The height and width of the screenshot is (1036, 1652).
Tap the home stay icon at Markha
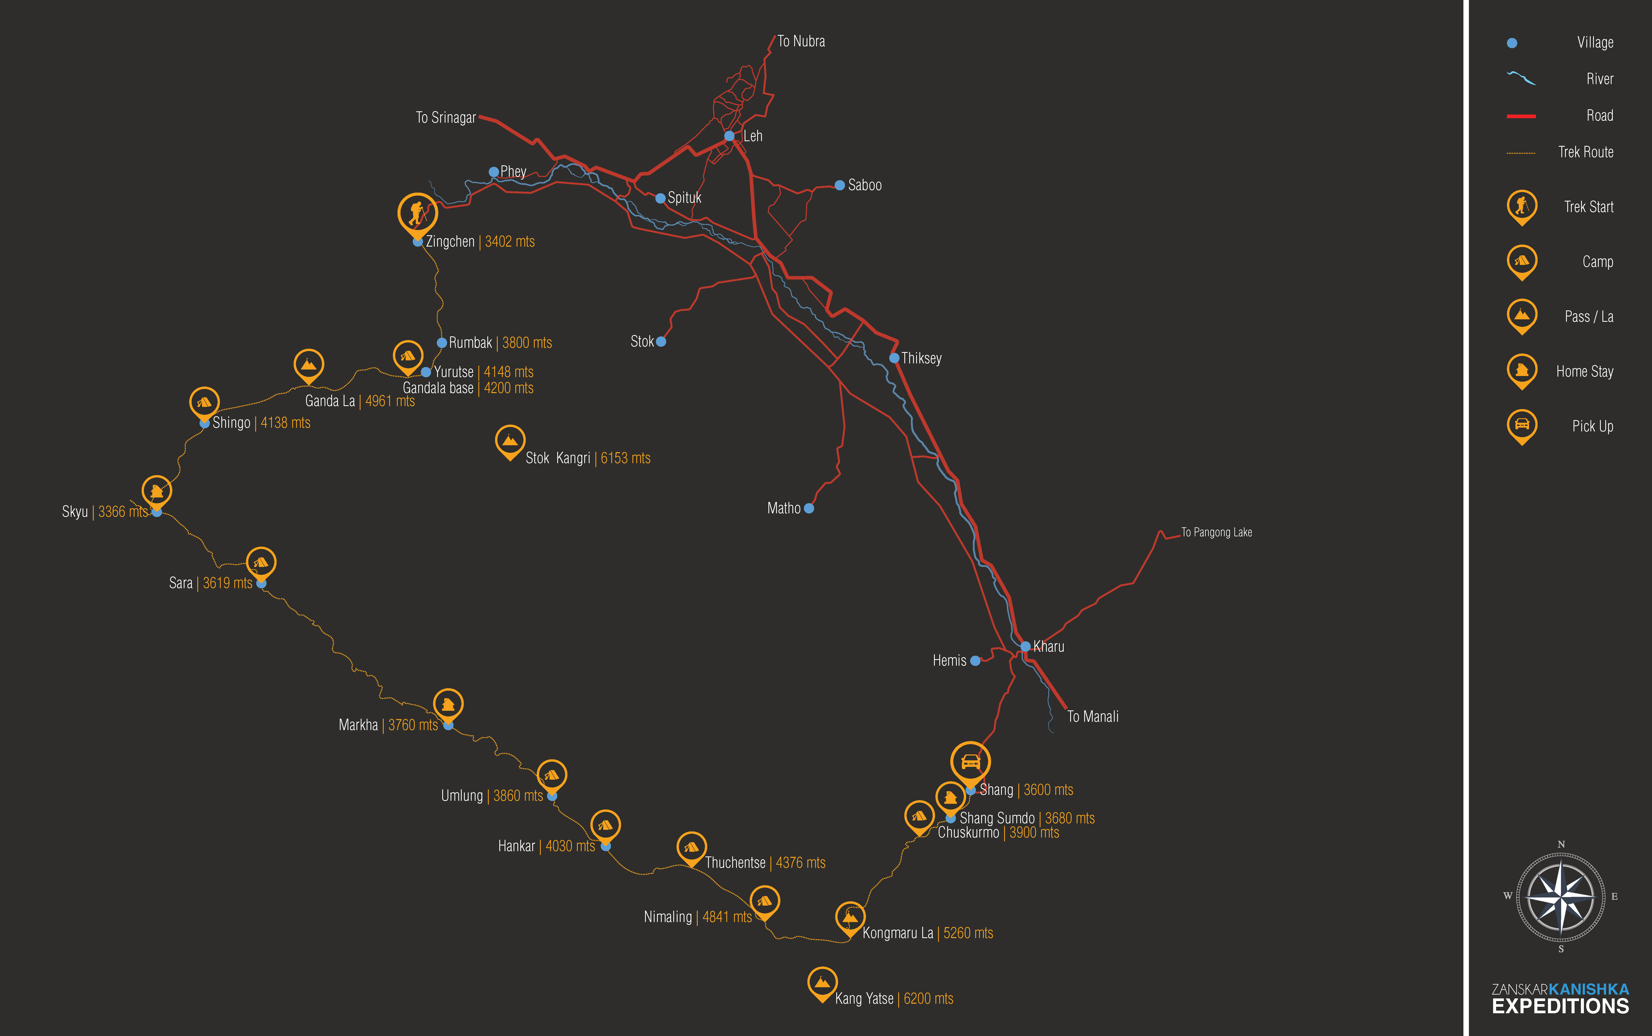448,705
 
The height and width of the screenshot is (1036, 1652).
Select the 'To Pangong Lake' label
1217,532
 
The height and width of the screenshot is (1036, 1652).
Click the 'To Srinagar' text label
445,118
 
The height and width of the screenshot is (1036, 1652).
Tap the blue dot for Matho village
809,508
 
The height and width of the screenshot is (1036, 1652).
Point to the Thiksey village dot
894,358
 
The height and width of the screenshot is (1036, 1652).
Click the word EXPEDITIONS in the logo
1560,1007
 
